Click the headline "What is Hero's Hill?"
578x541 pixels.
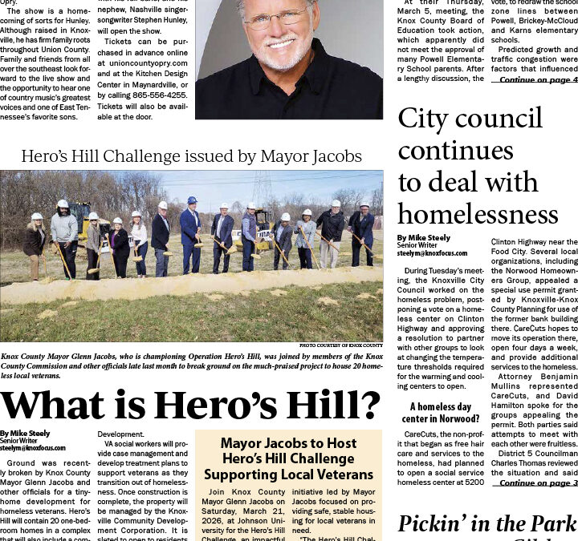(191, 406)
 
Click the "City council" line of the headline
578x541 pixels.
(470, 118)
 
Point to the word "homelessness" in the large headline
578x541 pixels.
(478, 214)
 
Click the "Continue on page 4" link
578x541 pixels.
(538, 79)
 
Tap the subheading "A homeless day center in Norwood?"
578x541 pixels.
(441, 413)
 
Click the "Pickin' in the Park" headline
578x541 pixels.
(487, 524)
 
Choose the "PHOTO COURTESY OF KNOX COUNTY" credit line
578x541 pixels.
(340, 345)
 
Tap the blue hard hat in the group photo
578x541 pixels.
(192, 200)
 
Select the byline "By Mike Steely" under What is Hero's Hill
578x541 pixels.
(25, 434)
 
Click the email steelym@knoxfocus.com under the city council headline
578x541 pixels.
(431, 252)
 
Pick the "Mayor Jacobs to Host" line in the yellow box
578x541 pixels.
(288, 443)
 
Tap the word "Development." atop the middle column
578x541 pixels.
(120, 434)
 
